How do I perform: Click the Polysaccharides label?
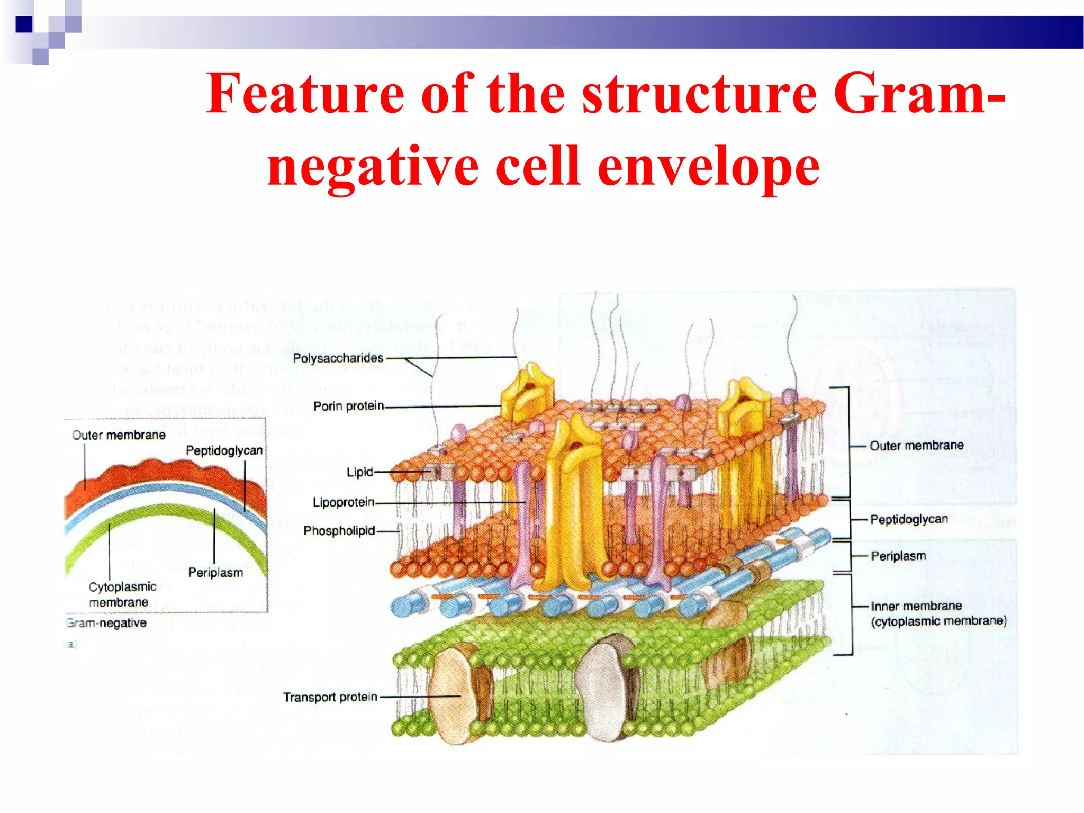(338, 358)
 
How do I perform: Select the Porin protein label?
(348, 406)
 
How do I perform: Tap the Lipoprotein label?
(343, 502)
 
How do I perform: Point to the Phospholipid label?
(339, 530)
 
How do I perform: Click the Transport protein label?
(330, 697)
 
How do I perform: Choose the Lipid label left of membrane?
(359, 472)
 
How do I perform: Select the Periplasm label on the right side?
(898, 556)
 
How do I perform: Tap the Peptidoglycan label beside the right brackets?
(909, 519)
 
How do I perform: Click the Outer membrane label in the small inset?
(119, 435)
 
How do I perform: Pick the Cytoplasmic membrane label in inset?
(122, 594)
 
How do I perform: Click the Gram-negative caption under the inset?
(106, 623)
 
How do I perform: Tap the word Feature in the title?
(305, 94)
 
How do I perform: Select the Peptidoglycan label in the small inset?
(224, 450)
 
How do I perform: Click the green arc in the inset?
(159, 511)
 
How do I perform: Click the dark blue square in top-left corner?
(24, 24)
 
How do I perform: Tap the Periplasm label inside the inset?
(215, 573)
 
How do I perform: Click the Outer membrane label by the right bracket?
(916, 446)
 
